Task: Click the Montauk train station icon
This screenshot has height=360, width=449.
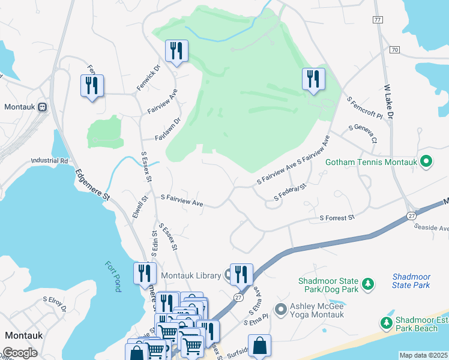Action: pyautogui.click(x=43, y=107)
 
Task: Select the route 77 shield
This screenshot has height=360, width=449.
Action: pyautogui.click(x=377, y=20)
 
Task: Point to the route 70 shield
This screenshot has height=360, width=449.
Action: pyautogui.click(x=394, y=49)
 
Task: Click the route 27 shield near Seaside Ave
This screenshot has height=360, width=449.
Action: pyautogui.click(x=411, y=215)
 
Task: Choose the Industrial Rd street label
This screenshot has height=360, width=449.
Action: pyautogui.click(x=50, y=161)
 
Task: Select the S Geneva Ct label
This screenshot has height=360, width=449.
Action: pyautogui.click(x=363, y=134)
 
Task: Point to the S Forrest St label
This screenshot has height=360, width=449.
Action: pyautogui.click(x=337, y=218)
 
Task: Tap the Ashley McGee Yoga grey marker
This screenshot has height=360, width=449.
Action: pyautogui.click(x=280, y=310)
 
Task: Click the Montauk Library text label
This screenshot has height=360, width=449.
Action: pyautogui.click(x=191, y=275)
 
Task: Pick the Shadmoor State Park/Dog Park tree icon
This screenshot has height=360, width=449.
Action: pyautogui.click(x=367, y=282)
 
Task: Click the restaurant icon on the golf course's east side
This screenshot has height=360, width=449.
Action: pyautogui.click(x=313, y=80)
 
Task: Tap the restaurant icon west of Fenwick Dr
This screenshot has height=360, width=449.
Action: pyautogui.click(x=92, y=86)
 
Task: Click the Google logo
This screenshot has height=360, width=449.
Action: pyautogui.click(x=20, y=353)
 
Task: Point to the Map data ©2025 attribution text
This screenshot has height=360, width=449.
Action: pyautogui.click(x=423, y=355)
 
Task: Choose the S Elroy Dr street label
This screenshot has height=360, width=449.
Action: pyautogui.click(x=55, y=304)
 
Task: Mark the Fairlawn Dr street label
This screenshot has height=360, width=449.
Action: pyautogui.click(x=168, y=129)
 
